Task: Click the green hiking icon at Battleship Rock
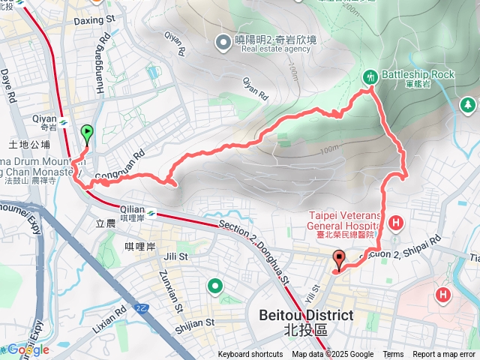pos(370,76)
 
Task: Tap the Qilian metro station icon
pos(153,214)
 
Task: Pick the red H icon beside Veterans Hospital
pos(395,221)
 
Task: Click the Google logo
pos(28,349)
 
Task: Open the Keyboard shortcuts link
pos(250,355)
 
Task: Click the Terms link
pos(393,355)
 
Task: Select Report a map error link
pos(445,355)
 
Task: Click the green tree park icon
pos(467,106)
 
